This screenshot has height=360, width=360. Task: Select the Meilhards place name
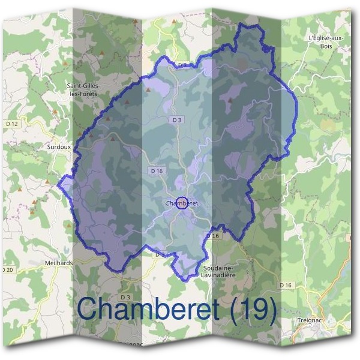pos(58,262)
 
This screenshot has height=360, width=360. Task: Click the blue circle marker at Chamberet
pos(183,203)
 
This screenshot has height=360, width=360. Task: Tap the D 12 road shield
pos(11,124)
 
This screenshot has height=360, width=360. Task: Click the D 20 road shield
pos(7,271)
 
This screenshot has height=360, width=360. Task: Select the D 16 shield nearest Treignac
pos(285,285)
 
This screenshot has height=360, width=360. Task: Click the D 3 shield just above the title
pos(125,297)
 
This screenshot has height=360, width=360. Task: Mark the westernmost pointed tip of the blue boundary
pos(58,185)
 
